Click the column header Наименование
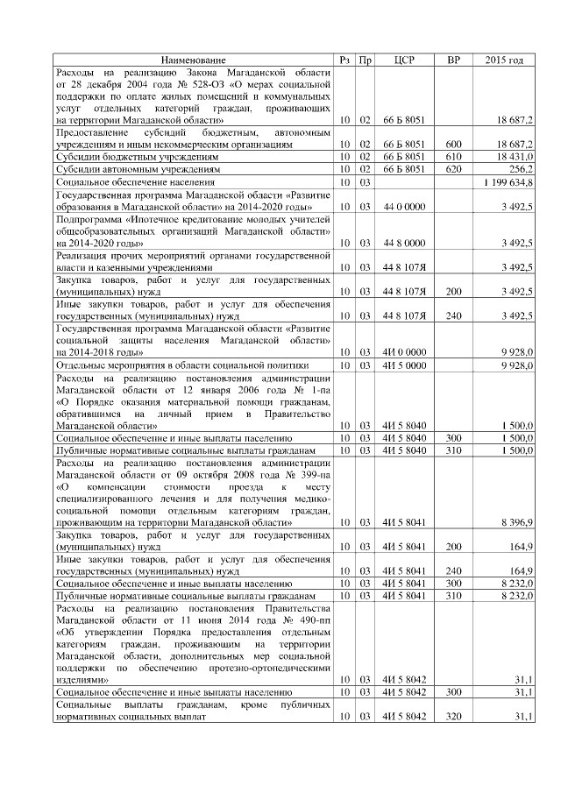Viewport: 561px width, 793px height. pyautogui.click(x=193, y=60)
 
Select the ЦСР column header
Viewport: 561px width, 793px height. pyautogui.click(x=404, y=60)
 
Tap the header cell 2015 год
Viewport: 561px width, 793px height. pyautogui.click(x=504, y=60)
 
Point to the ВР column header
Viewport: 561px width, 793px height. pyautogui.click(x=453, y=60)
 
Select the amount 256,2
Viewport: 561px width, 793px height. pyautogui.click(x=520, y=168)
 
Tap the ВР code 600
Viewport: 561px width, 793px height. pyautogui.click(x=453, y=144)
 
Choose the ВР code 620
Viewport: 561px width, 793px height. pyautogui.click(x=453, y=168)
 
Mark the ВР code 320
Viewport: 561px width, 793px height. pyautogui.click(x=453, y=717)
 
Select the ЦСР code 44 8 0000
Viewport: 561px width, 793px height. pyautogui.click(x=404, y=242)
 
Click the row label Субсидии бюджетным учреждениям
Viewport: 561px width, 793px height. pyautogui.click(x=137, y=156)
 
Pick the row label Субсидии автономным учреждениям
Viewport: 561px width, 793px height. pyautogui.click(x=138, y=168)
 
